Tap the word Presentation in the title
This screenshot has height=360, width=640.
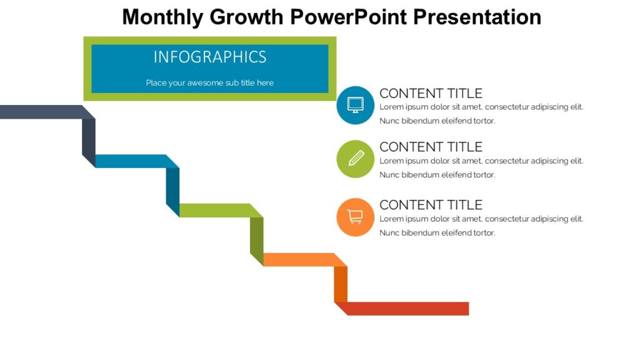[x=478, y=17]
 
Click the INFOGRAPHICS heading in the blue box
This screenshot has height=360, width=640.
[x=210, y=57]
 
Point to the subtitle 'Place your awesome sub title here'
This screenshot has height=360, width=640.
[x=210, y=82]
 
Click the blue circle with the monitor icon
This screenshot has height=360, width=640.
[x=355, y=105]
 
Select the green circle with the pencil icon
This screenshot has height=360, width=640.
[x=355, y=159]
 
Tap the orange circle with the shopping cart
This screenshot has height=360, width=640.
[x=355, y=217]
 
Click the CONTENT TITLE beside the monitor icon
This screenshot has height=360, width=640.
[x=431, y=93]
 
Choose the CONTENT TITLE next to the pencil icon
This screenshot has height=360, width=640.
[x=431, y=147]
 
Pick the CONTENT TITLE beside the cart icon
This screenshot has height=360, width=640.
[x=431, y=204]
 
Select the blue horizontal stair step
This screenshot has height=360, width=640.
[x=131, y=161]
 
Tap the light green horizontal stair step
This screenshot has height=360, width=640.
[x=216, y=211]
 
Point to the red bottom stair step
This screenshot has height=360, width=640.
[x=406, y=309]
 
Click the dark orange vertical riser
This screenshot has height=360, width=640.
[x=341, y=284]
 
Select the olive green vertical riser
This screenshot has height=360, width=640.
[x=257, y=240]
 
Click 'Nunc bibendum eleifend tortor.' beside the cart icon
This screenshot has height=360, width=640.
[x=437, y=232]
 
